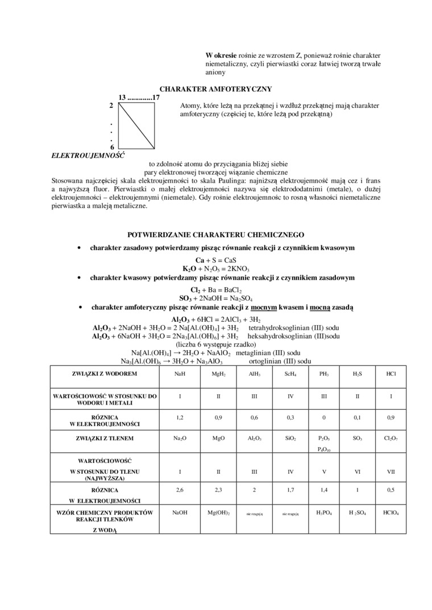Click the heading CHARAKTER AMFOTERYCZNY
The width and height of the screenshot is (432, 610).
click(x=215, y=89)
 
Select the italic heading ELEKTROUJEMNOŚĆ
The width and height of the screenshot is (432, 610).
click(x=88, y=154)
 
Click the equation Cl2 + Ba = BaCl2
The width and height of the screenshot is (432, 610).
click(x=215, y=289)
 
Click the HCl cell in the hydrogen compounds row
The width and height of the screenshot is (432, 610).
click(x=391, y=375)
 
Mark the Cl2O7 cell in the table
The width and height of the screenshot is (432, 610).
click(x=391, y=439)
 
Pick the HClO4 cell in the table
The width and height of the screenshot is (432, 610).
click(x=391, y=512)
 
